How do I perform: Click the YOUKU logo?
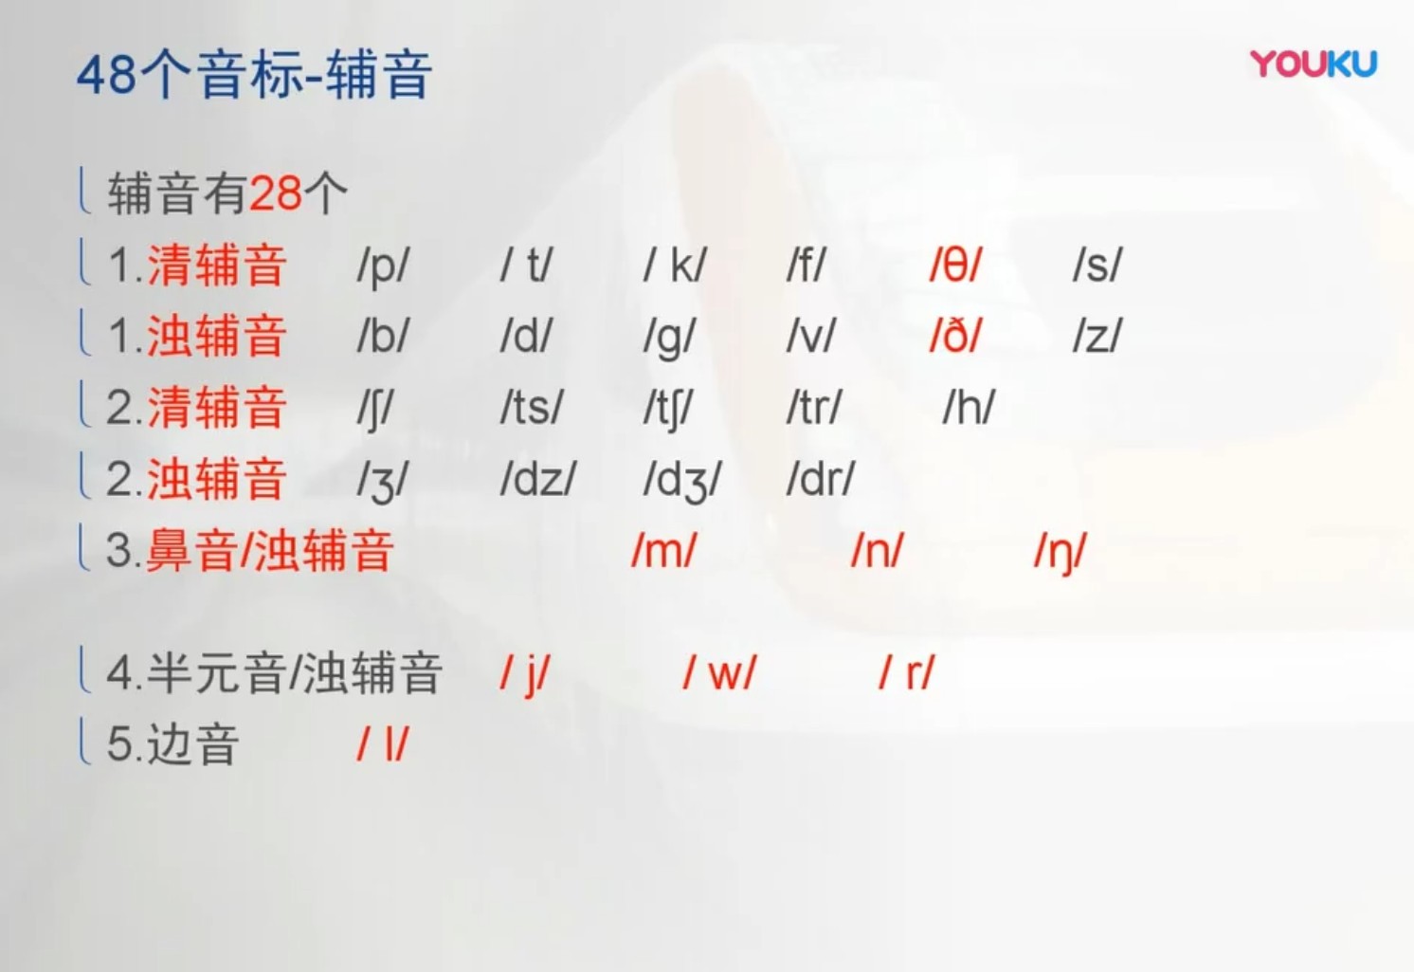coord(1313,64)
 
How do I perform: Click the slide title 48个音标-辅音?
coord(254,75)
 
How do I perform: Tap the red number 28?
coord(276,193)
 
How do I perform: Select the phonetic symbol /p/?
coord(383,266)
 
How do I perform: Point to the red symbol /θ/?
coord(955,266)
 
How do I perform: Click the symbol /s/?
coord(1097,266)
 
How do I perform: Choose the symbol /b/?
coord(383,337)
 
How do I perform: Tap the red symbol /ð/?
coord(955,337)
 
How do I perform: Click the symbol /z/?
coord(1097,337)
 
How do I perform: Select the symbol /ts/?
coord(531,408)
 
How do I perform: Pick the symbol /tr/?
coord(813,408)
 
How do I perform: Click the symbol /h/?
coord(969,408)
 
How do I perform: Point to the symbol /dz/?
coord(537,480)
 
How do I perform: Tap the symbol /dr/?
coord(820,480)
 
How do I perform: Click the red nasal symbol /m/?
coord(663,551)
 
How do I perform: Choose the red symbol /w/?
coord(719,673)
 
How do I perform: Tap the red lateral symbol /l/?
coord(383,744)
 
